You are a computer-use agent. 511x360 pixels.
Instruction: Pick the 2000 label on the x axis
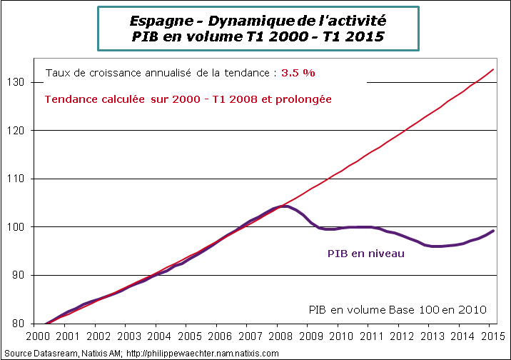37,336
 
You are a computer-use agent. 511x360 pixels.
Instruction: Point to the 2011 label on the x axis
368,336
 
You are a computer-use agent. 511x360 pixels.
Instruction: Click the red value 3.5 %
298,73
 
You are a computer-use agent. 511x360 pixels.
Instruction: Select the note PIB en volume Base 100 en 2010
398,309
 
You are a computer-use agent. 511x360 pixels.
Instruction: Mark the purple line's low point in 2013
437,246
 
